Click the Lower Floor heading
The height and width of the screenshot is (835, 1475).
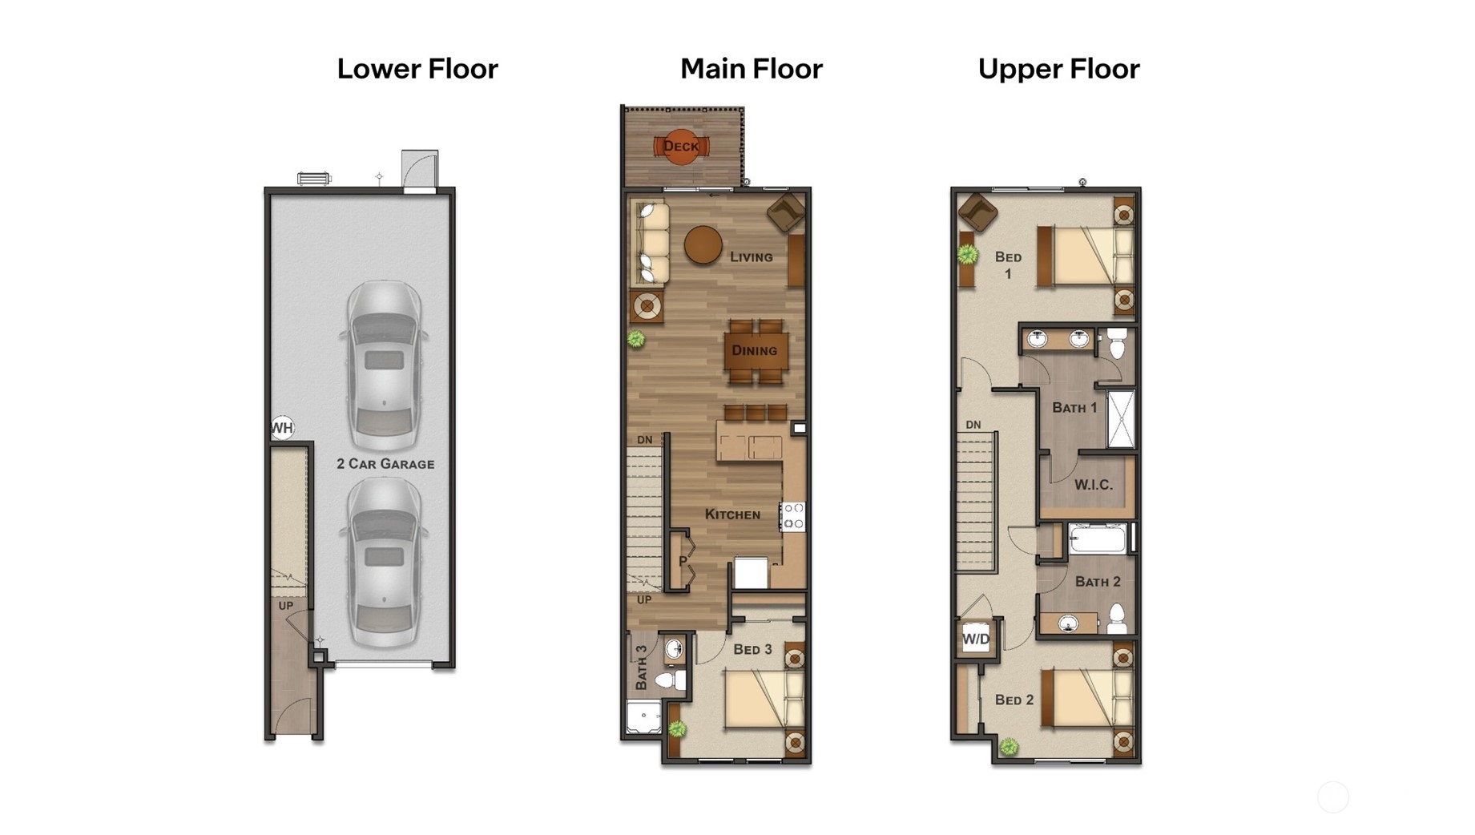point(417,69)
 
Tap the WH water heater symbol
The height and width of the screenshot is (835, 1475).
point(282,428)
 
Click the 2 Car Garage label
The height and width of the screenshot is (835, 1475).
point(385,464)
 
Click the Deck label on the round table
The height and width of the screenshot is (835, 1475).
point(681,147)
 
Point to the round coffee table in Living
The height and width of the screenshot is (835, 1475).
point(703,245)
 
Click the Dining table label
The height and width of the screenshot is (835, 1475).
point(754,350)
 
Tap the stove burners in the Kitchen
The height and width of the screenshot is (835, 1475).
point(793,517)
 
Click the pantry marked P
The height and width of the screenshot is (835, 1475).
point(683,561)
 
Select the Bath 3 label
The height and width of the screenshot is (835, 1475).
point(641,668)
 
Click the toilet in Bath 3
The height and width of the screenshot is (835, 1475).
point(670,681)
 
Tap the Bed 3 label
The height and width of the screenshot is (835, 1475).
point(752,649)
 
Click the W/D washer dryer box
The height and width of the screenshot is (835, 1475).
point(976,639)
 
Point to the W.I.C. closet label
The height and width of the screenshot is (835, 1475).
point(1093,485)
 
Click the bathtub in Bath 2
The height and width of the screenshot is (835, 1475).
point(1097,539)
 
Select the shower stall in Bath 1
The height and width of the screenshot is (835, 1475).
point(1121,418)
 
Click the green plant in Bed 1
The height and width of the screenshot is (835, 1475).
point(968,255)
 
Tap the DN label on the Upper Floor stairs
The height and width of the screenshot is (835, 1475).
point(973,425)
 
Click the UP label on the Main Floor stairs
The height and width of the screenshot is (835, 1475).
point(644,599)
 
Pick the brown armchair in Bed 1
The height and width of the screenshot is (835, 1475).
point(977,212)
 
